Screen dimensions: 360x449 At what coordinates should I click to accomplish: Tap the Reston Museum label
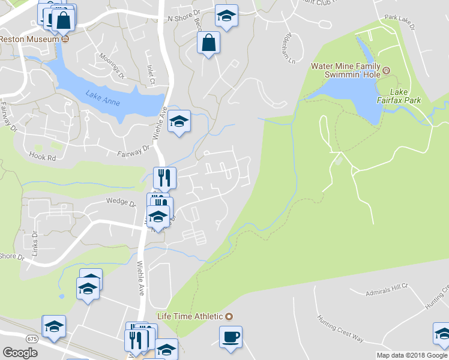point(30,39)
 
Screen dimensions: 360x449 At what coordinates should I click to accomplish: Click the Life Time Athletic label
point(189,316)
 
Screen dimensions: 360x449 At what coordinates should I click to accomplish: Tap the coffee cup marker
point(230,337)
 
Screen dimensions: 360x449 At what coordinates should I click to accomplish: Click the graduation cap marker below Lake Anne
point(178,121)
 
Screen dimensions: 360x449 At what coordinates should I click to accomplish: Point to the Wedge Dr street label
point(121,202)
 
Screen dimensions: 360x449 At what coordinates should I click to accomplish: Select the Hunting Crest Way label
point(340,329)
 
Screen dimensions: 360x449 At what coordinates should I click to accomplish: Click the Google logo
point(20,353)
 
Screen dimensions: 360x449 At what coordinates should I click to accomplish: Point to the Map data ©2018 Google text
point(411,355)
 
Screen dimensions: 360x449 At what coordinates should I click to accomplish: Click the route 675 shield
point(32,339)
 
